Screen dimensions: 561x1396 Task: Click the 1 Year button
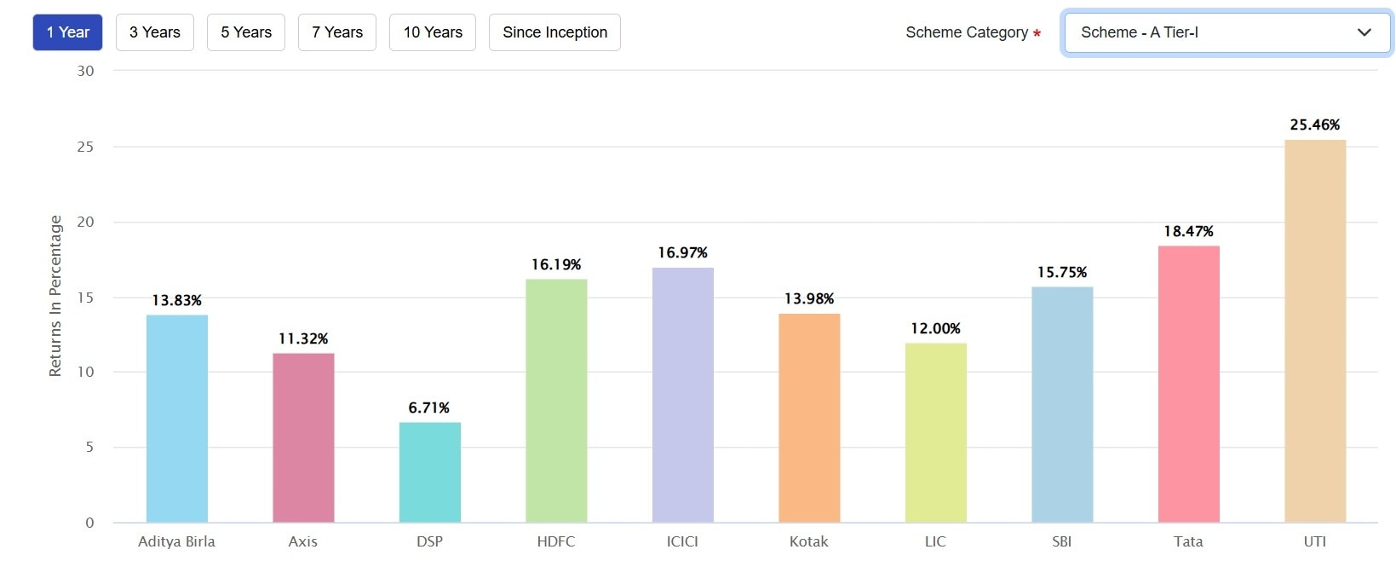pyautogui.click(x=68, y=32)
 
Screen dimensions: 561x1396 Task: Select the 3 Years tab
pyautogui.click(x=155, y=32)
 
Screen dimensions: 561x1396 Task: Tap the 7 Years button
pyautogui.click(x=337, y=32)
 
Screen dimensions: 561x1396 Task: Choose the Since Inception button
pyautogui.click(x=554, y=32)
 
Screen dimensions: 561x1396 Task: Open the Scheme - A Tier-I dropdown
pyautogui.click(x=1227, y=32)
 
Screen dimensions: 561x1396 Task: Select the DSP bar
pyautogui.click(x=430, y=472)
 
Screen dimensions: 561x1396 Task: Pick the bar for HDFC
pyautogui.click(x=556, y=401)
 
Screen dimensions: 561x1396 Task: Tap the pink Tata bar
pyautogui.click(x=1189, y=384)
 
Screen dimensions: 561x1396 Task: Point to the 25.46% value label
pyautogui.click(x=1315, y=124)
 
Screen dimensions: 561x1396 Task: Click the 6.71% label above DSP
pyautogui.click(x=429, y=408)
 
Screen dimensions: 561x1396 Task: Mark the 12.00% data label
pyautogui.click(x=935, y=328)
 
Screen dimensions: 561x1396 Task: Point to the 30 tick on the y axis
pyautogui.click(x=85, y=71)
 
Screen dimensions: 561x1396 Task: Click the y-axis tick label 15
pyautogui.click(x=85, y=297)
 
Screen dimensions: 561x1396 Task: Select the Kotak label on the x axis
pyautogui.click(x=809, y=541)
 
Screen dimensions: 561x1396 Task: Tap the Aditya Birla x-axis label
pyautogui.click(x=176, y=541)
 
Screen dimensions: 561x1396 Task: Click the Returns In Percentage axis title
pyautogui.click(x=55, y=295)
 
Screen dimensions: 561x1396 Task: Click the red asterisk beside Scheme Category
pyautogui.click(x=1037, y=34)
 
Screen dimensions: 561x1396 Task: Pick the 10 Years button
pyautogui.click(x=433, y=32)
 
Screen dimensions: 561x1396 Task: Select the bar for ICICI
pyautogui.click(x=683, y=395)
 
